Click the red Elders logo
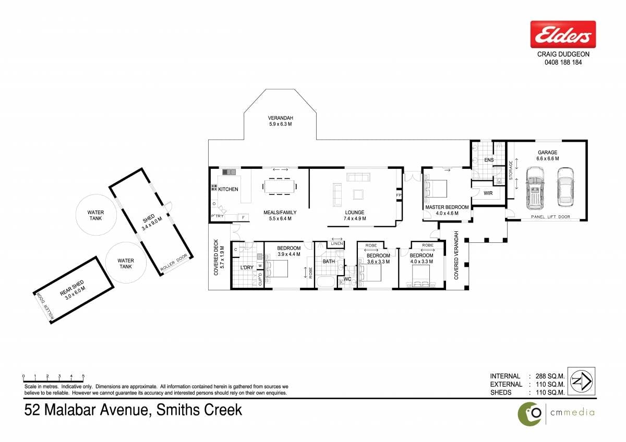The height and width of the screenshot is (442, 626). (563, 34)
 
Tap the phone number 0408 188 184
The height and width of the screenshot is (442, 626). (563, 62)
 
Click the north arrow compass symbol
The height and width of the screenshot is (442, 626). (582, 381)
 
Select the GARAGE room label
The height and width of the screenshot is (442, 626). (547, 152)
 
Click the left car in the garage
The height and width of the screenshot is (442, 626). (535, 188)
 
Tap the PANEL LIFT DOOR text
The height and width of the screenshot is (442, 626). (550, 217)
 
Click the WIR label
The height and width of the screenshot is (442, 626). (488, 193)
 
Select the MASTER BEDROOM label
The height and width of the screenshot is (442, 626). (447, 207)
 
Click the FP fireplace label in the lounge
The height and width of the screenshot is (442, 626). (399, 195)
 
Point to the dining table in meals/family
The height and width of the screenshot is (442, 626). (280, 186)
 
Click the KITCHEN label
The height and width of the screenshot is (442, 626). (228, 189)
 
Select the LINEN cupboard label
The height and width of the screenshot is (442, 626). (337, 243)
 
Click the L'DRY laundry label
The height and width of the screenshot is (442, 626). (247, 267)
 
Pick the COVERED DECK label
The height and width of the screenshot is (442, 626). (216, 257)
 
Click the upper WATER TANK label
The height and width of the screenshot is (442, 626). (95, 215)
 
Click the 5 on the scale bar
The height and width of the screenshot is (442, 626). (83, 376)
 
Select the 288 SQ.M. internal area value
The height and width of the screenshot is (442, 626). (550, 376)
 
